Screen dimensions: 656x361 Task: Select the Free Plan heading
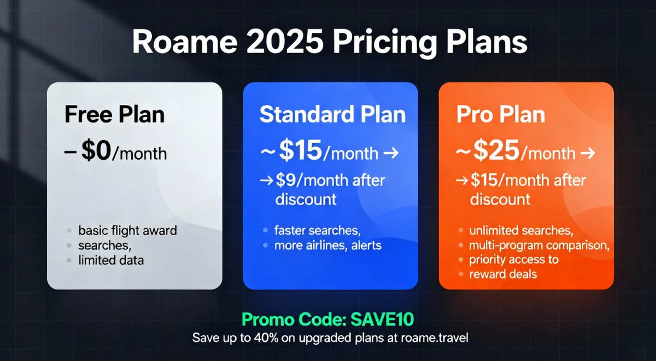click(x=114, y=114)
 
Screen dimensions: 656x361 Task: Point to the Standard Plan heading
click(x=332, y=114)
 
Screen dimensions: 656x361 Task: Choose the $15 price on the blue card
click(x=301, y=150)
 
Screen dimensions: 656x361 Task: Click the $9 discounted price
click(x=286, y=180)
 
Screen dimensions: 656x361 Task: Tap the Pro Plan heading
click(x=501, y=114)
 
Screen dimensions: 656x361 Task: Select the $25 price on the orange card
click(x=496, y=150)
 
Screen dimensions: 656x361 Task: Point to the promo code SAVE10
click(x=382, y=319)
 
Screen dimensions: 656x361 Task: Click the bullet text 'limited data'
click(x=111, y=260)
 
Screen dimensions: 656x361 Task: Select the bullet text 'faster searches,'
click(x=318, y=231)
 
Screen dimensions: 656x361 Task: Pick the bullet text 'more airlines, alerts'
click(x=328, y=245)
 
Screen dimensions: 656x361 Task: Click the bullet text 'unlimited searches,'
click(x=521, y=231)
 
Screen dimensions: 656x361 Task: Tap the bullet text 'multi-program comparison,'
click(x=539, y=245)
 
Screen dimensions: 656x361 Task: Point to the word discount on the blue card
click(x=306, y=199)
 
